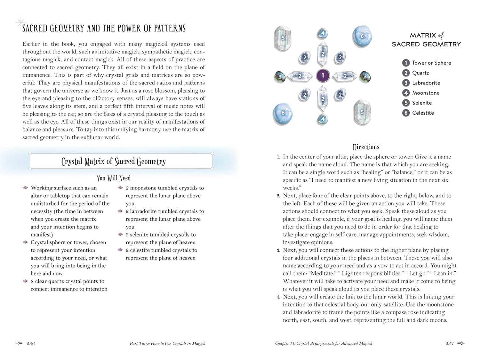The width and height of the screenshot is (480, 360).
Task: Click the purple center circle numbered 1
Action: point(323,76)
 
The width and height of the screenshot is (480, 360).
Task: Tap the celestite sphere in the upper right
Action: point(362,36)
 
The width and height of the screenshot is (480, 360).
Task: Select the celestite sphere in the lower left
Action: point(283,113)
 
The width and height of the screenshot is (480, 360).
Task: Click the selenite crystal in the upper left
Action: point(283,38)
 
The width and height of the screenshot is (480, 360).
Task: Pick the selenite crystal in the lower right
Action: point(362,112)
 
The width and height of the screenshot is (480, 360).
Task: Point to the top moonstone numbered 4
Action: point(323,33)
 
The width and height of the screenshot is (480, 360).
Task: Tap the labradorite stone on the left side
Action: point(280,76)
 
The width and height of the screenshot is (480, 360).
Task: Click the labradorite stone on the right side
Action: point(365,76)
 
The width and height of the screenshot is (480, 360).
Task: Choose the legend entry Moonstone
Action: point(426,93)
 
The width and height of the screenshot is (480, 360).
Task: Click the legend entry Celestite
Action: point(423,113)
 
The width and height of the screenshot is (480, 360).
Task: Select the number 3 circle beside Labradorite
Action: point(406,83)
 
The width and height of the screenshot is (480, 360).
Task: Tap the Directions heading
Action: point(366,147)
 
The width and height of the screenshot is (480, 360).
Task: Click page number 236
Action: point(30,343)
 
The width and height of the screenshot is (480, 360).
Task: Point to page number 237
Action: point(449,343)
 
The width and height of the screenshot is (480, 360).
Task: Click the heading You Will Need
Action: point(114,178)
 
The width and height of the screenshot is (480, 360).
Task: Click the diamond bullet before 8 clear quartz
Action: point(25,281)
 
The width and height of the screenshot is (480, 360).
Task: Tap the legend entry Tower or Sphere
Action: point(431,63)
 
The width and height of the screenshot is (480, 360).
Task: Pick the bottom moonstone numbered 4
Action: point(323,119)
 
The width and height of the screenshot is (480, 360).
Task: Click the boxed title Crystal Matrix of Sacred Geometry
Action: point(114,161)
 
